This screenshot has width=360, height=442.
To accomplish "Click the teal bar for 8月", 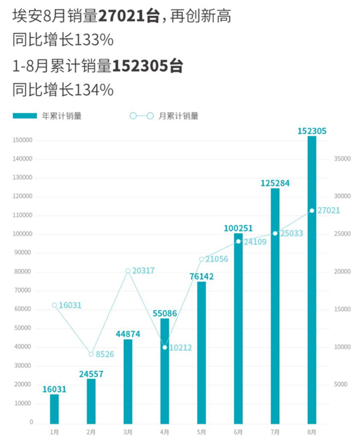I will (312, 282).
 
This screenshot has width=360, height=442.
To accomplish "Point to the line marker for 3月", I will (128, 271).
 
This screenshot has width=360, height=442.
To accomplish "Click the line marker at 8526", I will (91, 354).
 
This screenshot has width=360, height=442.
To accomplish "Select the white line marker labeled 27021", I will (312, 211).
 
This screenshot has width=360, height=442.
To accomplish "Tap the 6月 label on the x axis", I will (238, 432).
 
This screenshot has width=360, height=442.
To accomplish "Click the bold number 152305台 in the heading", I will (148, 66).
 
